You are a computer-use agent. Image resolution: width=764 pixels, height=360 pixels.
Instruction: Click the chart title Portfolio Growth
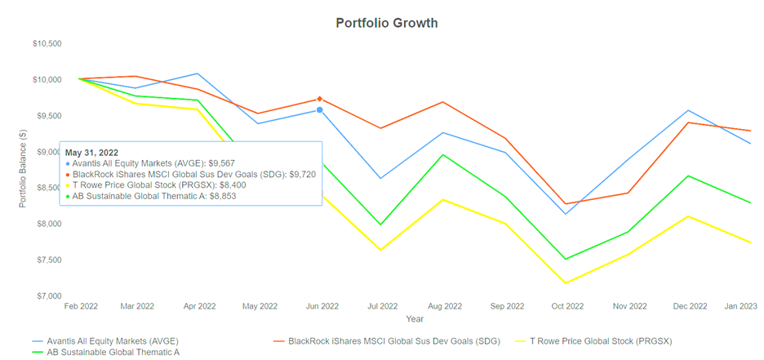point(386,23)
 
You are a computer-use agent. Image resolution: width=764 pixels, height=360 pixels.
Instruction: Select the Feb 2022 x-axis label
point(81,306)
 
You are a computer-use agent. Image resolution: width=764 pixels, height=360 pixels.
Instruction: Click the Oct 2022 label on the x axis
point(567,306)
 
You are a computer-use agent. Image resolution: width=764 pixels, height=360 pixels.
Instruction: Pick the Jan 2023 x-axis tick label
point(740,306)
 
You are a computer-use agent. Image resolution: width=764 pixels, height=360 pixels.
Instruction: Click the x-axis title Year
point(415,318)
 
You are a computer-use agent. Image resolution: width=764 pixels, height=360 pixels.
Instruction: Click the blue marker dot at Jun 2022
point(320,109)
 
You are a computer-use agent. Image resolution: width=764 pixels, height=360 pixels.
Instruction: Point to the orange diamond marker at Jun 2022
point(320,99)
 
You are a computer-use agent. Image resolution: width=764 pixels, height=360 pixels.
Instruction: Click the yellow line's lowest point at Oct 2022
point(567,283)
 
